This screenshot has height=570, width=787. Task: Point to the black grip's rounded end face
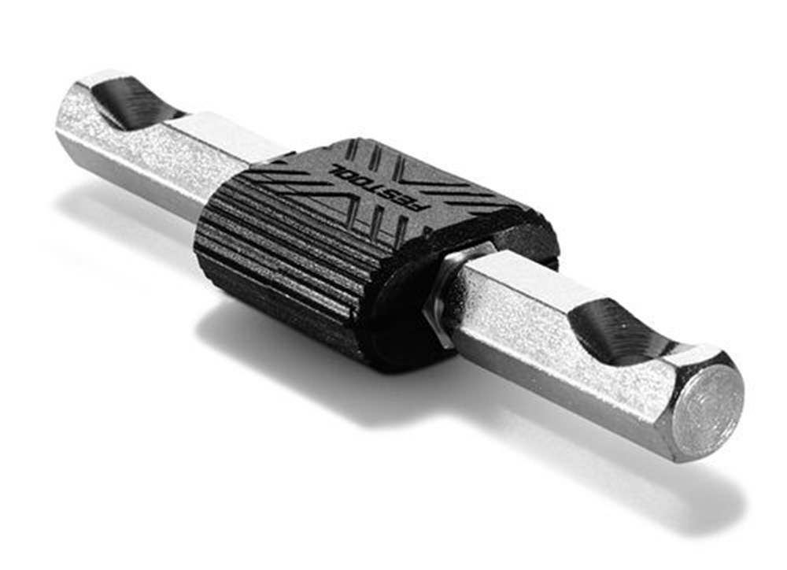pyautogui.click(x=409, y=315)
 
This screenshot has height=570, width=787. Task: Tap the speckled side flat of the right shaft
pyautogui.click(x=551, y=346)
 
